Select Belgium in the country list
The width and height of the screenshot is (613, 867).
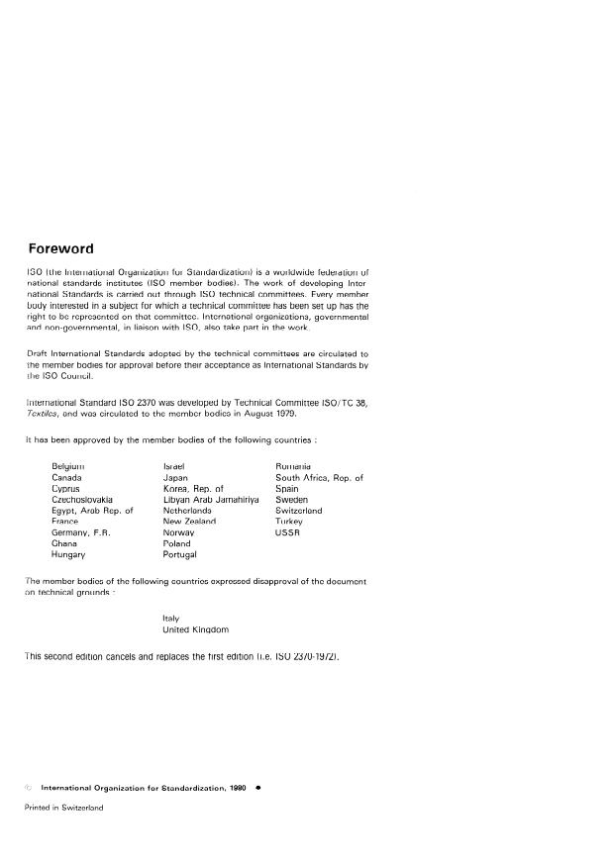pos(68,465)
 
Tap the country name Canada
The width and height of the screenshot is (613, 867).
pos(66,477)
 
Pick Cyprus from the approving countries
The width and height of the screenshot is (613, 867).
pos(65,488)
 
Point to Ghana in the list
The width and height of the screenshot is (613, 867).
pos(64,543)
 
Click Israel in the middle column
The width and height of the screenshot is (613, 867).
pos(174,465)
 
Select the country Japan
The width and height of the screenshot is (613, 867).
pos(175,477)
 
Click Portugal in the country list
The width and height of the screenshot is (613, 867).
pos(179,555)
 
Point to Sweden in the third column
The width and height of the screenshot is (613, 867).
pos(291,500)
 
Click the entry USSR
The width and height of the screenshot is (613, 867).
pos(287,532)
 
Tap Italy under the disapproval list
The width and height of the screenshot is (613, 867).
pos(170,618)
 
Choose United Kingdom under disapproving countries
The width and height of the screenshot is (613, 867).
pos(196,629)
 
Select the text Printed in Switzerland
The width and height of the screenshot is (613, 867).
pos(63,807)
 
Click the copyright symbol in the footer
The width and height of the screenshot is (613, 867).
pos(28,788)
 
